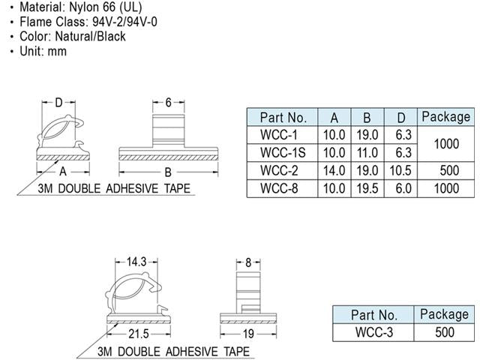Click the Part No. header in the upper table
pyautogui.click(x=283, y=118)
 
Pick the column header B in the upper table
pyautogui.click(x=367, y=118)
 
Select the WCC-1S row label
pyautogui.click(x=283, y=153)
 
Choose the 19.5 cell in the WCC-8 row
pyautogui.click(x=367, y=189)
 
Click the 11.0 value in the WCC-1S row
pyautogui.click(x=367, y=153)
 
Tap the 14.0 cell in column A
pyautogui.click(x=333, y=171)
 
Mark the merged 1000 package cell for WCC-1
pyautogui.click(x=445, y=144)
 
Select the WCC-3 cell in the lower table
pyautogui.click(x=374, y=333)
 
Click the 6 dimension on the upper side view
pyautogui.click(x=169, y=101)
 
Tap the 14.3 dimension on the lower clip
pyautogui.click(x=136, y=262)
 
